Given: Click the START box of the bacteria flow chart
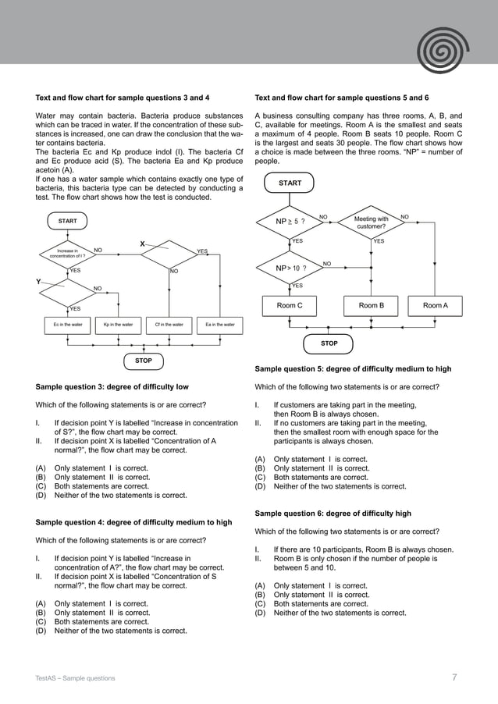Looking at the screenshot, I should (68, 221).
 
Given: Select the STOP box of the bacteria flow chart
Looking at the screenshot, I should (144, 361).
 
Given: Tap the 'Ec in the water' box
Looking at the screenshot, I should (67, 324).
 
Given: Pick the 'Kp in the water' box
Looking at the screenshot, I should (117, 324).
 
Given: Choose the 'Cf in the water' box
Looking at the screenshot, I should (169, 324).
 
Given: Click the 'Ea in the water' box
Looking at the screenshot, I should (219, 324).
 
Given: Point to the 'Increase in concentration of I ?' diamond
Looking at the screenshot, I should (67, 252).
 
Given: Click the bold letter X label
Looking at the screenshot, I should (143, 244).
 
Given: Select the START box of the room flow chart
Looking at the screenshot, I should (290, 183).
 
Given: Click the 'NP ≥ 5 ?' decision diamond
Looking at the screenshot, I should (290, 222).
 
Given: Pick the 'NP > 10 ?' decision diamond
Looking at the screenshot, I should (290, 268).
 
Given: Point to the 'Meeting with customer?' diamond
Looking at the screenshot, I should (371, 222).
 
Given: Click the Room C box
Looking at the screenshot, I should (290, 305).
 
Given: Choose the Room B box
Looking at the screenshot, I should (371, 305).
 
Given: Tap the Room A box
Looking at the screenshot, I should (435, 305).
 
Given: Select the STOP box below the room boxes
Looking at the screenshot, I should (329, 343).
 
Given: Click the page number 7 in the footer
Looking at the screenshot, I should (454, 677).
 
